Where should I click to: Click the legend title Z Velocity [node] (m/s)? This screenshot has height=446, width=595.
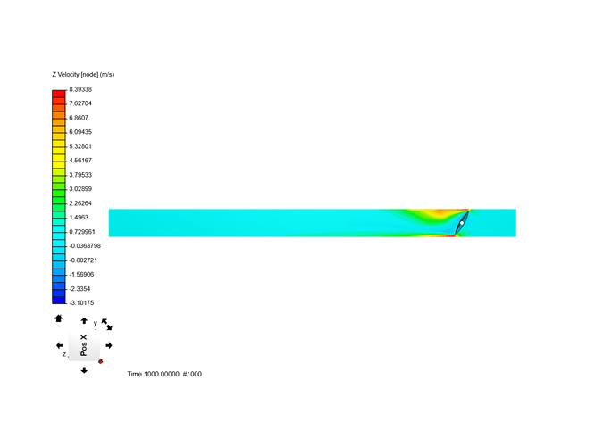(x=84, y=74)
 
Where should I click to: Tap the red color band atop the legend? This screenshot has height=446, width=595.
(x=59, y=93)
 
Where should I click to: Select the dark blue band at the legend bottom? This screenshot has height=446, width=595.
(x=59, y=300)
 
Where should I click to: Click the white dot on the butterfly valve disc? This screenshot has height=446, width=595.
(x=462, y=222)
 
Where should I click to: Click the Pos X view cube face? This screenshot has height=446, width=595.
(x=84, y=345)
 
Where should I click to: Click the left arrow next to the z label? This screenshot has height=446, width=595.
(x=59, y=345)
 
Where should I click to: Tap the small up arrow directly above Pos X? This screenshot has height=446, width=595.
(x=84, y=321)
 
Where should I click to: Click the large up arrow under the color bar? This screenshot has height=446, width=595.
(x=59, y=318)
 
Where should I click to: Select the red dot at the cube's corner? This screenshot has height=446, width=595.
(x=101, y=361)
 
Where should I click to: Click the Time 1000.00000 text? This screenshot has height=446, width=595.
(x=153, y=374)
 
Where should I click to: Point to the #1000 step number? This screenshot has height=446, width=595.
(x=192, y=374)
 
